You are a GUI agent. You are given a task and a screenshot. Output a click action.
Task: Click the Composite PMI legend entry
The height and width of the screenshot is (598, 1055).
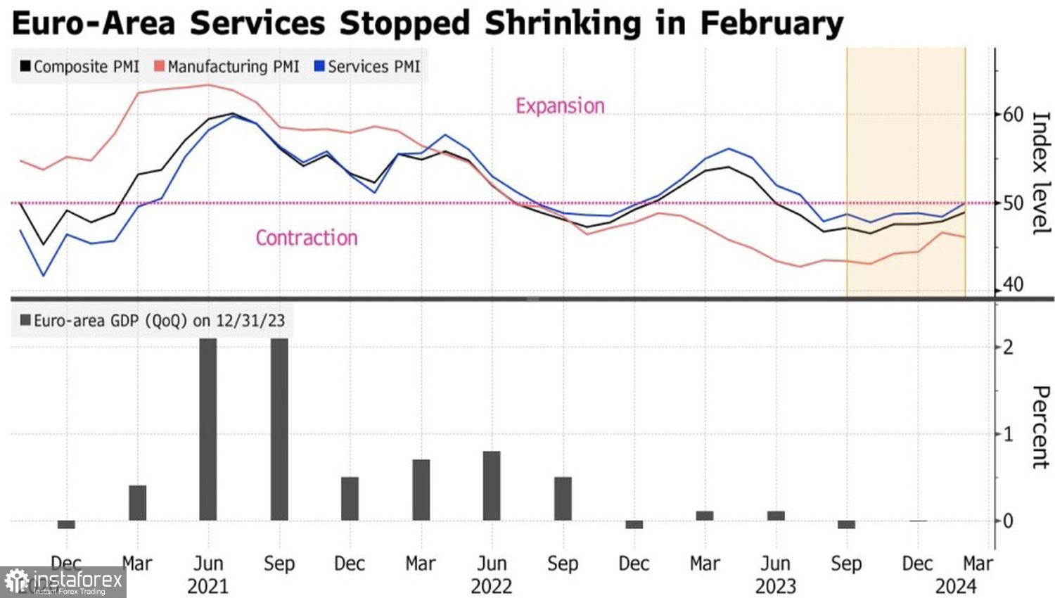tap(79, 67)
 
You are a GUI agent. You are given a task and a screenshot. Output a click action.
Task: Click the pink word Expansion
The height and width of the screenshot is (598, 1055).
tap(560, 106)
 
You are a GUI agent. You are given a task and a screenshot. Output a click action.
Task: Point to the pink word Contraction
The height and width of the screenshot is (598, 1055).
tap(306, 238)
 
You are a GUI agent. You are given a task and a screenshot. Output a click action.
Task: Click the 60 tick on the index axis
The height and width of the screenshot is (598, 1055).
tap(1013, 115)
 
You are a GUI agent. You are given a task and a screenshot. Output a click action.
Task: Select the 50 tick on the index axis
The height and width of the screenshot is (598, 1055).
tap(1013, 203)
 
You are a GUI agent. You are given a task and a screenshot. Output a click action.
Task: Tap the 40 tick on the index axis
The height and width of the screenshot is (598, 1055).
tap(1013, 285)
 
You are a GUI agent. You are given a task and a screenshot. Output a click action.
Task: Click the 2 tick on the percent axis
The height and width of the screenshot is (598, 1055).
tap(1008, 347)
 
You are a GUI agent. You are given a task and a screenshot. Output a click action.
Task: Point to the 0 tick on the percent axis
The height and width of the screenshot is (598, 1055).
tap(1008, 521)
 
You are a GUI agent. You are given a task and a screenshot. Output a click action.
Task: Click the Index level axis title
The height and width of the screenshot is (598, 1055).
tap(1040, 172)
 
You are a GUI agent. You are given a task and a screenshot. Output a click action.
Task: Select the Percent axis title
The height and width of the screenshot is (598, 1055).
tap(1040, 427)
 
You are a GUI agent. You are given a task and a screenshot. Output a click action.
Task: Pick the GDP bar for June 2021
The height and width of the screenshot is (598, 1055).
tap(208, 429)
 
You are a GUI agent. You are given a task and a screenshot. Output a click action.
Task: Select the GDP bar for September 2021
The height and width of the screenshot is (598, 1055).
tap(279, 429)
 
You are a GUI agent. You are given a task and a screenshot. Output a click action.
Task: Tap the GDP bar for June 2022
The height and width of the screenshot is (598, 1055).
tap(492, 485)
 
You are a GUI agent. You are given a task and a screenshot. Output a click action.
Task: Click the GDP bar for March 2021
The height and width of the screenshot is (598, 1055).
tap(137, 503)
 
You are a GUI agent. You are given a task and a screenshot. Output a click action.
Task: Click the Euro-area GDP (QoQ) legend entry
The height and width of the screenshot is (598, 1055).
tap(152, 321)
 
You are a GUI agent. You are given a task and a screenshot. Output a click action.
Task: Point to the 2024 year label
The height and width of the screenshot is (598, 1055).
tap(956, 586)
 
